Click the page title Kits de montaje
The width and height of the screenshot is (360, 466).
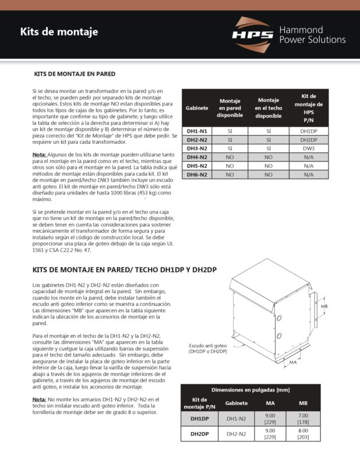coord(59,32)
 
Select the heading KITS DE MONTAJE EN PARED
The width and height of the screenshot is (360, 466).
coord(75,75)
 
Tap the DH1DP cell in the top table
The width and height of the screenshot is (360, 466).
coord(308,132)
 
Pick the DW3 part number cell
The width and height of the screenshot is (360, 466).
coord(308,149)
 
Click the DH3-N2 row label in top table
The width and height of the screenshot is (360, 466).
coord(197,149)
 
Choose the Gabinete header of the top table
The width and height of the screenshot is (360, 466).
coord(197,109)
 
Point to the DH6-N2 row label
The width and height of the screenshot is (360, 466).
coord(197,174)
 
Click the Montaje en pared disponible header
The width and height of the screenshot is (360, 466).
coord(230,108)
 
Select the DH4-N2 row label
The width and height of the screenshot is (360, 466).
coord(197,157)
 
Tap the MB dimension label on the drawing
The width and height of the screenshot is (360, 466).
coord(324,305)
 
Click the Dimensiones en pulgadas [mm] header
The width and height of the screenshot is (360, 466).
coord(250,389)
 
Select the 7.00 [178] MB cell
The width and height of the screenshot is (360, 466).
coord(303,418)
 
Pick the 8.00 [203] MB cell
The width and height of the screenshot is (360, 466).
coord(303,434)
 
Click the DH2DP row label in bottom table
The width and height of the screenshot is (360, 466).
coord(199,434)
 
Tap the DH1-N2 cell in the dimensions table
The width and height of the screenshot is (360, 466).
coord(237,418)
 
